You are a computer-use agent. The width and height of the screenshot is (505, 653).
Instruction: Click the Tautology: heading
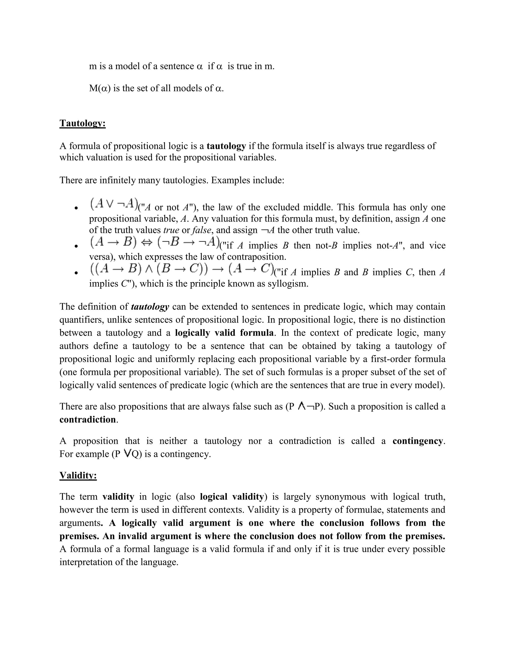pyautogui.click(x=83, y=123)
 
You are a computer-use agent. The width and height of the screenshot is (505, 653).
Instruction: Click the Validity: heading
pyautogui.click(x=78, y=475)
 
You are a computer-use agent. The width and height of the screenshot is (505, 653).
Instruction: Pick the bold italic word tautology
pyautogui.click(x=150, y=307)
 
